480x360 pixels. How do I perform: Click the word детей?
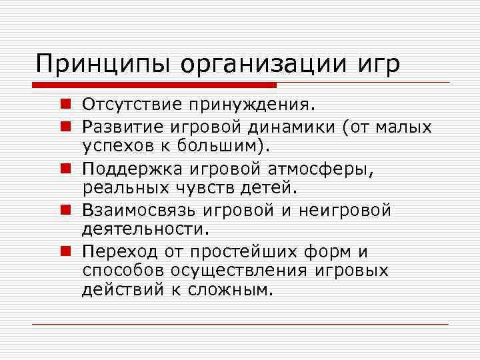tap(269, 189)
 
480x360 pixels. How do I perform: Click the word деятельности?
tap(146, 230)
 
